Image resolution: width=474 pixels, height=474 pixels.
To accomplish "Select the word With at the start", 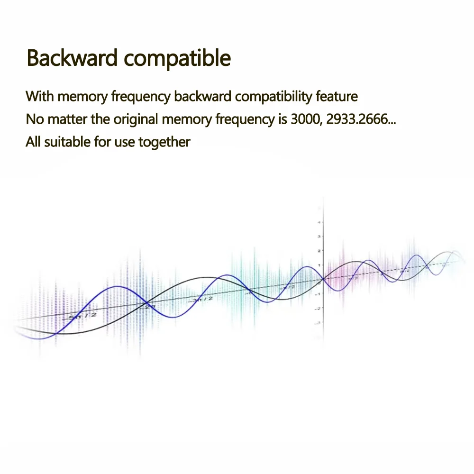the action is pos(40,96).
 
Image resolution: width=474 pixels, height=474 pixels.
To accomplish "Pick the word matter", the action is pos(68,118).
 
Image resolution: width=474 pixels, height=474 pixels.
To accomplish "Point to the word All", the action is pos(33,141).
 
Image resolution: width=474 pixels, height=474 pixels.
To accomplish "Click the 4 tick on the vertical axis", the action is pos(320,222).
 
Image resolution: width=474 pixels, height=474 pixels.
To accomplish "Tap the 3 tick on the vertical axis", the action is pos(320,237).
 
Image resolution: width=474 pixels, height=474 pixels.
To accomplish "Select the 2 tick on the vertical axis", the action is pos(320,251).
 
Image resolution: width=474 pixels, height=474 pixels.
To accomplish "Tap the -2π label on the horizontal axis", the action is pos(149,307).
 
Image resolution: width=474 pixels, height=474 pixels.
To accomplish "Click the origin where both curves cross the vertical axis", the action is pos(322,279).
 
